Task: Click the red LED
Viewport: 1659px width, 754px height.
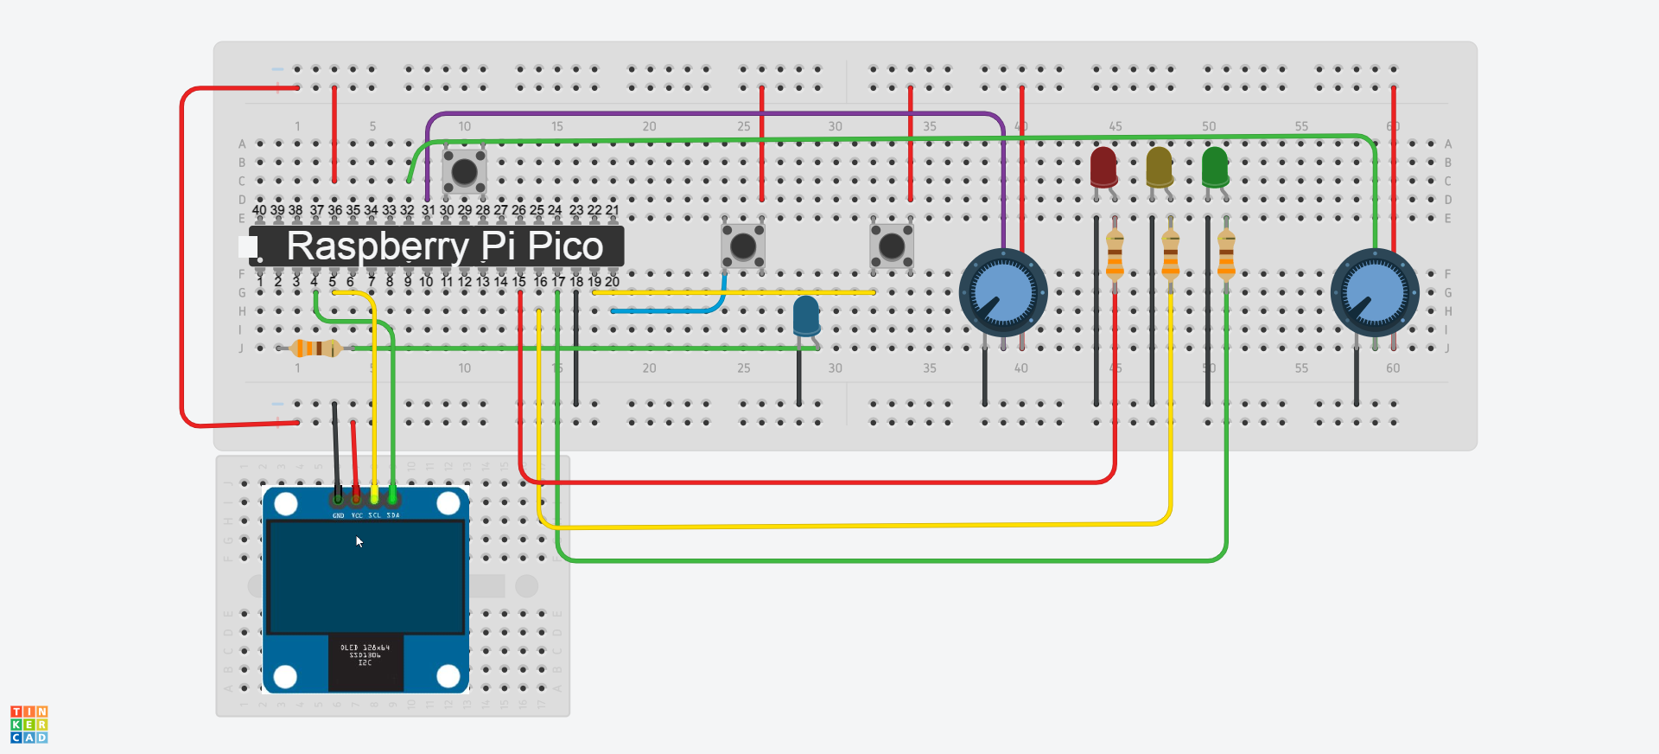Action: click(x=1103, y=167)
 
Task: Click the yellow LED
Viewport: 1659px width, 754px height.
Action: click(x=1159, y=167)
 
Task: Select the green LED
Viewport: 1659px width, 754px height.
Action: click(x=1214, y=167)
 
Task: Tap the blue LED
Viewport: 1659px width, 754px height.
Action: click(x=806, y=316)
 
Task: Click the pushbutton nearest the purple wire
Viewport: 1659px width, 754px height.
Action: click(x=465, y=171)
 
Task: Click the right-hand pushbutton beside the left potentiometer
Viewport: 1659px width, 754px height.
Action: click(x=891, y=246)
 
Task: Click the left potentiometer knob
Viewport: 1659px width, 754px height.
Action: click(x=1003, y=293)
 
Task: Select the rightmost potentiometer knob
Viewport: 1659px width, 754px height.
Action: click(x=1374, y=293)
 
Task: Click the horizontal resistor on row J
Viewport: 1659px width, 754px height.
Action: click(x=315, y=348)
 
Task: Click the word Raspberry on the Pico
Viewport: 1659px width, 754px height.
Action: click(x=378, y=246)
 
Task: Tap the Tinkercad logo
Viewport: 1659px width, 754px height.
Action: click(x=29, y=724)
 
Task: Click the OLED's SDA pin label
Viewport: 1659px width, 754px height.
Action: click(x=393, y=515)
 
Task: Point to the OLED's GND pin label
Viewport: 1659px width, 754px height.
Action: click(x=338, y=515)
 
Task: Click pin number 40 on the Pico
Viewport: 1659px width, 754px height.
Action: click(x=259, y=210)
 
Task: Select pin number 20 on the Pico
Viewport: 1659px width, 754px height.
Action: click(x=612, y=282)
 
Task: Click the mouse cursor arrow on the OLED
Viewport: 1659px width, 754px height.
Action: click(x=359, y=542)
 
